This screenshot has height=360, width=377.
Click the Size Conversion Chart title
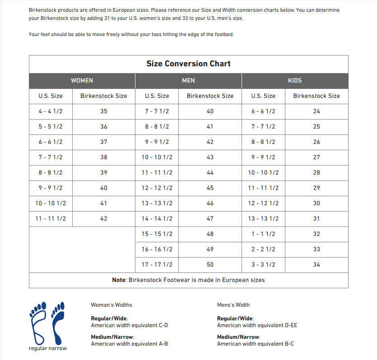pyautogui.click(x=188, y=64)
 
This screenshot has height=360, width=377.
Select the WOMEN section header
pyautogui.click(x=82, y=80)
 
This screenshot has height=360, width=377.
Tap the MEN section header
pyautogui.click(x=188, y=80)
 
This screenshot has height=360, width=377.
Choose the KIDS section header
pyautogui.click(x=295, y=80)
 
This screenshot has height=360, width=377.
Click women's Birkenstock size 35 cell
pyautogui.click(x=104, y=111)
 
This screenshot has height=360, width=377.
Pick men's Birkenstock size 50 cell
pyautogui.click(x=210, y=264)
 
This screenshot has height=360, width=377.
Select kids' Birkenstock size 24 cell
pyautogui.click(x=316, y=111)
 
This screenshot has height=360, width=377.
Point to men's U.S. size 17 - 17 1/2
pyautogui.click(x=157, y=264)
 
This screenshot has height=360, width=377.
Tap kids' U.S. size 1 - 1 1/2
pyautogui.click(x=263, y=234)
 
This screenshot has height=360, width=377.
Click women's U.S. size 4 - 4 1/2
pyautogui.click(x=51, y=111)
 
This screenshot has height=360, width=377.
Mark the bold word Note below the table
pyautogui.click(x=119, y=280)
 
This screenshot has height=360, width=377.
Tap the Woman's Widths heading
pyautogui.click(x=112, y=305)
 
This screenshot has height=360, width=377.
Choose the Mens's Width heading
pyautogui.click(x=233, y=305)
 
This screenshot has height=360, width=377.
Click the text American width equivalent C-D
pyautogui.click(x=130, y=325)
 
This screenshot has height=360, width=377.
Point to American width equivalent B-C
pyautogui.click(x=256, y=344)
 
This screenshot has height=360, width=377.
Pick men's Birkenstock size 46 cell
pyautogui.click(x=210, y=203)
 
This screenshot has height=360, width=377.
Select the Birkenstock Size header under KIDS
pyautogui.click(x=316, y=96)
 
